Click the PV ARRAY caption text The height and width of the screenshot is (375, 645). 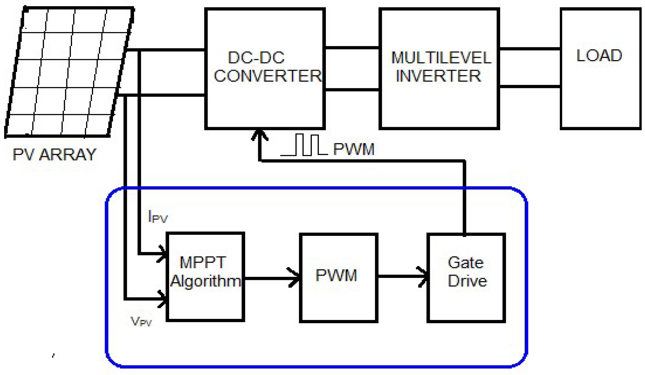(x=54, y=155)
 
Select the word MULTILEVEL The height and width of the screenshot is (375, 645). (x=441, y=58)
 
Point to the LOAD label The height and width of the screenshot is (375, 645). (x=599, y=56)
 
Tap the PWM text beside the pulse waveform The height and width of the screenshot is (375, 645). (x=353, y=149)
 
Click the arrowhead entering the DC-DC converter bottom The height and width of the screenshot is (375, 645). (x=260, y=135)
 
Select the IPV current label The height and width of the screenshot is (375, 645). (x=158, y=217)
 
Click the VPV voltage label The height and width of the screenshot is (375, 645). (x=141, y=321)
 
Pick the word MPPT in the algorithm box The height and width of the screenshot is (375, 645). (x=203, y=263)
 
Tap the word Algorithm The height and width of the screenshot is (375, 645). (x=206, y=281)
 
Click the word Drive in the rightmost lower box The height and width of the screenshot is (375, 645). (x=467, y=281)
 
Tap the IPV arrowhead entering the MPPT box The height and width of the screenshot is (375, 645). (x=162, y=254)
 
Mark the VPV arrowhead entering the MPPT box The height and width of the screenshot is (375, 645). (x=163, y=299)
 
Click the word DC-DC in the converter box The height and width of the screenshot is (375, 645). (x=256, y=58)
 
